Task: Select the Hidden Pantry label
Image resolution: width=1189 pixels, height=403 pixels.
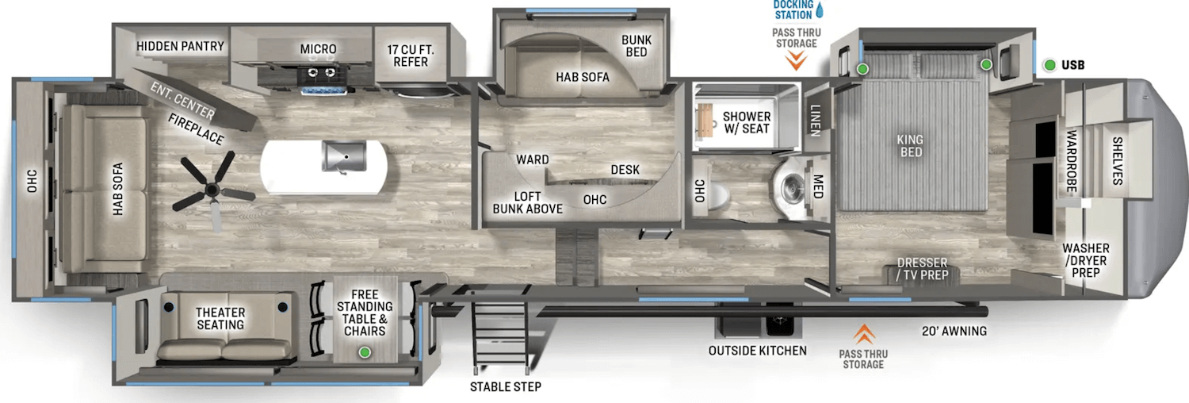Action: click(180, 47)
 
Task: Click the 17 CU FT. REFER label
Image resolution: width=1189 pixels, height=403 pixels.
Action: click(409, 56)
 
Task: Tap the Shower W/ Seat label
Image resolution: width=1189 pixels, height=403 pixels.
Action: click(746, 122)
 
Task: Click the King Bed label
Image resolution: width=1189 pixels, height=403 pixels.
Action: click(910, 146)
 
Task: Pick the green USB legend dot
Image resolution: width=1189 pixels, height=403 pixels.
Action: click(1049, 65)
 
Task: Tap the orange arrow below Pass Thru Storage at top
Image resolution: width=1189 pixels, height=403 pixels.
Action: click(796, 61)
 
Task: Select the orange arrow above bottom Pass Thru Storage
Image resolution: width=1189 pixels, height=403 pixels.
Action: click(864, 333)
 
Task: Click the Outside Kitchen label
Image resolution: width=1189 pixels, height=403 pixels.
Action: click(758, 351)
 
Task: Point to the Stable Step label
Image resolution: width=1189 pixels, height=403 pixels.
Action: click(506, 387)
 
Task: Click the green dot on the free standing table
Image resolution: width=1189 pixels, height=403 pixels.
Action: click(365, 351)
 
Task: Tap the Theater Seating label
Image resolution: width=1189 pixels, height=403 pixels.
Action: click(220, 319)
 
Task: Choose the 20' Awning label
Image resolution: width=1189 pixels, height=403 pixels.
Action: click(954, 331)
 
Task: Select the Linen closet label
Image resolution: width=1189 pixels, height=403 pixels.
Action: click(816, 119)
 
